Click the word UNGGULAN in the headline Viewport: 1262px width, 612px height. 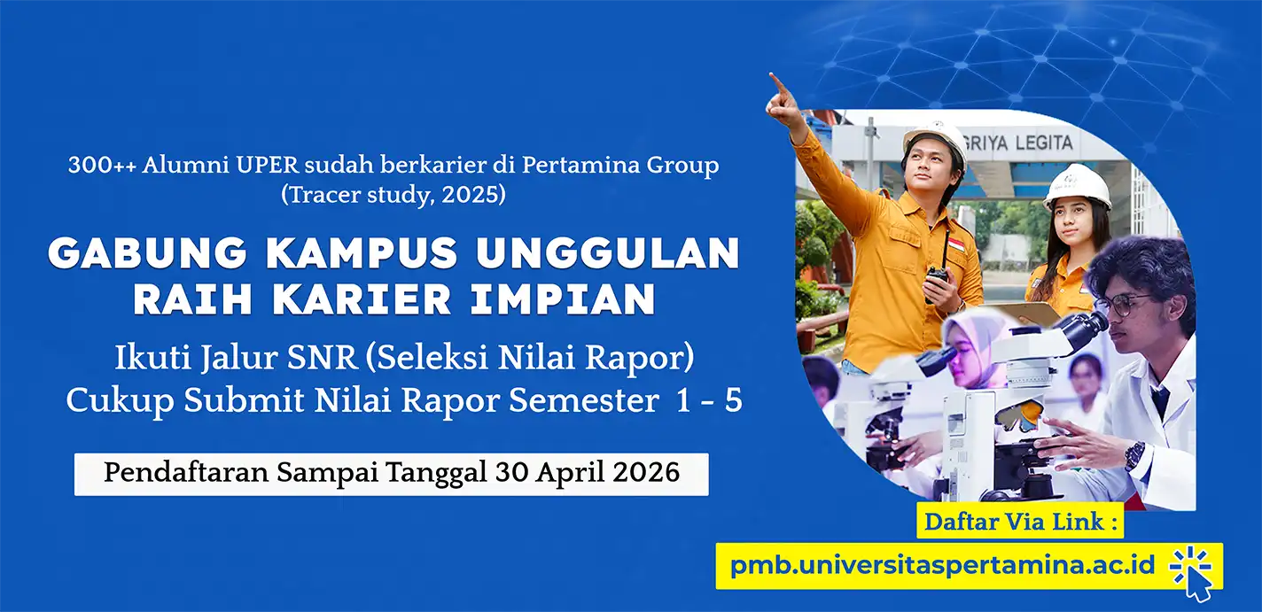pyautogui.click(x=607, y=253)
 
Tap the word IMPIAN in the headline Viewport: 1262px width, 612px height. pyautogui.click(x=563, y=299)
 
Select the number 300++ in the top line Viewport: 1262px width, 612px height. pyautogui.click(x=101, y=166)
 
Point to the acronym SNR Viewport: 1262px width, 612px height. pyautogui.click(x=323, y=358)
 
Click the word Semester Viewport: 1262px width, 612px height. pyautogui.click(x=584, y=400)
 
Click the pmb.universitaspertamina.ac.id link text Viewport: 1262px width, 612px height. pyautogui.click(x=942, y=565)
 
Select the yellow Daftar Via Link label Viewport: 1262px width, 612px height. pyautogui.click(x=1020, y=522)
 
